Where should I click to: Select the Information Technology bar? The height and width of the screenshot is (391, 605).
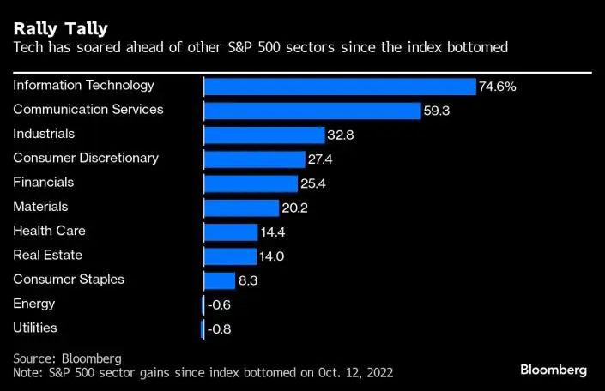[340, 87]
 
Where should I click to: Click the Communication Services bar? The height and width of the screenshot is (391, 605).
[312, 111]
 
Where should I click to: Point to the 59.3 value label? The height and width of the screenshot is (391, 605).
[435, 111]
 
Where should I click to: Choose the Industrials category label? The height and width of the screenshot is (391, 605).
[44, 134]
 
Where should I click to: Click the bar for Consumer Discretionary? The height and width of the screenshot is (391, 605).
[255, 159]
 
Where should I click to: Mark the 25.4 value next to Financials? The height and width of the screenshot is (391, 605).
[312, 183]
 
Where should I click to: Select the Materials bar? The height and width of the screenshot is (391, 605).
[241, 208]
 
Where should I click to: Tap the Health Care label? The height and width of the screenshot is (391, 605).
[49, 231]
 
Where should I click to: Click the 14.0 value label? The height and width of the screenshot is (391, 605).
[271, 256]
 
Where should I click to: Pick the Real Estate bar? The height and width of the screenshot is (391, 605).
[230, 256]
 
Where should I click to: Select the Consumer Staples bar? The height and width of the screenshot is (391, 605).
[220, 280]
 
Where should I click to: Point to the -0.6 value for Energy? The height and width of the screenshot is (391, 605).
[220, 305]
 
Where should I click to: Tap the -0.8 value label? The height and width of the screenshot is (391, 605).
[220, 329]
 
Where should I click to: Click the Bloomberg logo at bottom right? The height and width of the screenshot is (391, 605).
[554, 370]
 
